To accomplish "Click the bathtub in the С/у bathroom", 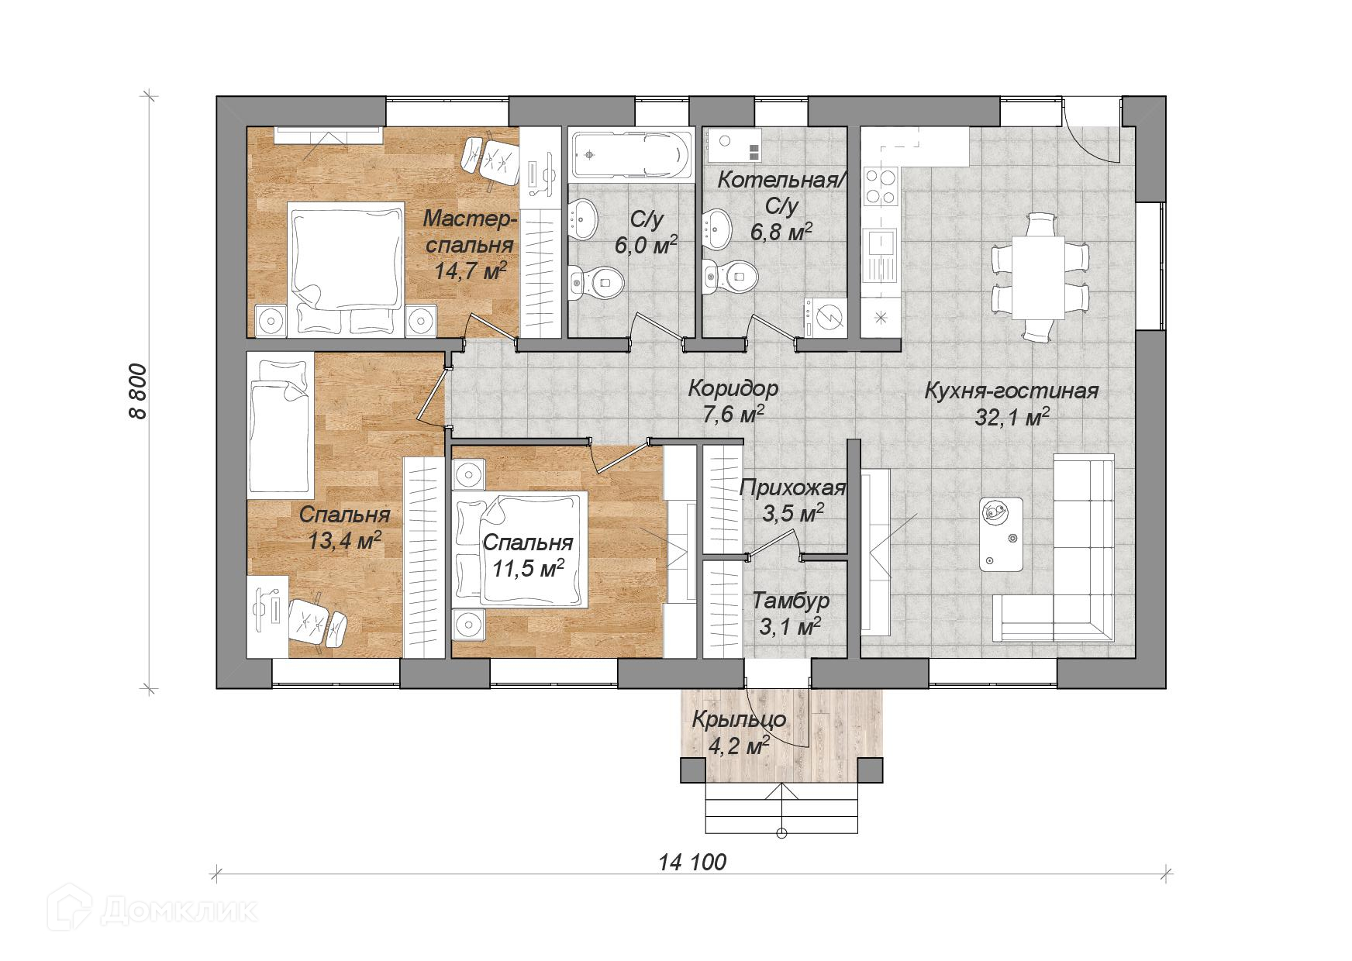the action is [631, 156].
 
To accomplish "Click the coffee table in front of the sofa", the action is [1002, 534].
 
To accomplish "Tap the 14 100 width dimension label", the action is [692, 861].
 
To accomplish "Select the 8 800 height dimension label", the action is [138, 390].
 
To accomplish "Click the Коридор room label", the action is [733, 387].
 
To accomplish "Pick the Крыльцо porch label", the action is [739, 719].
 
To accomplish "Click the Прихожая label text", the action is [792, 488].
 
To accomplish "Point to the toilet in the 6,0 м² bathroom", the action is [595, 282].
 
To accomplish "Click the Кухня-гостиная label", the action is [1011, 390].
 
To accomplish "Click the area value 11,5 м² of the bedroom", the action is [528, 569].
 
